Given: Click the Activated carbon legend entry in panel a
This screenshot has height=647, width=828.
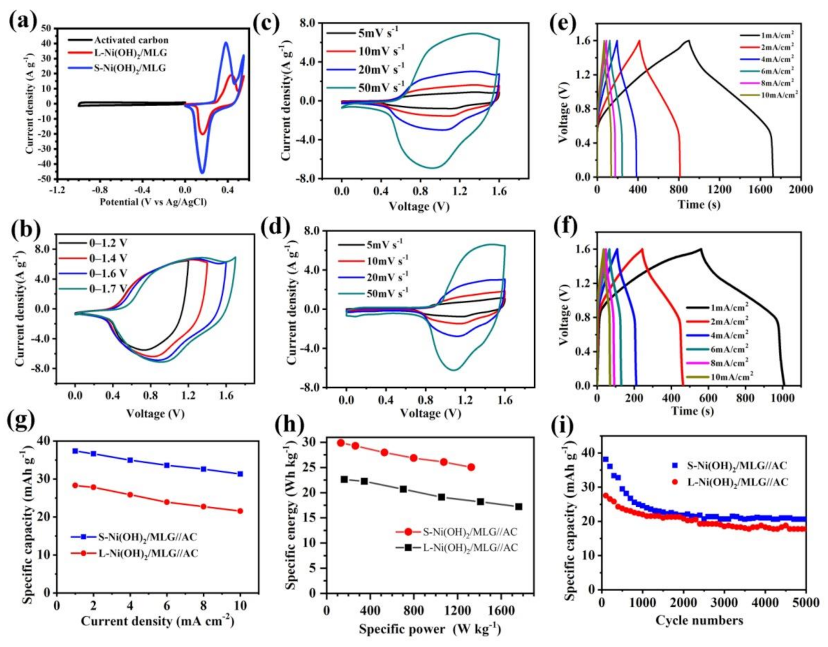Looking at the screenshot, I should click(x=131, y=40).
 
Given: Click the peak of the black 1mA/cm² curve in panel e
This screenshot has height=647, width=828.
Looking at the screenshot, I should click(x=688, y=40).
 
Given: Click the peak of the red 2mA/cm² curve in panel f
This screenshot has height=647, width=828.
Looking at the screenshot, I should click(x=642, y=249).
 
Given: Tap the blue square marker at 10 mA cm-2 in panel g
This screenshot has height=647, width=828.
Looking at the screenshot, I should click(x=240, y=474).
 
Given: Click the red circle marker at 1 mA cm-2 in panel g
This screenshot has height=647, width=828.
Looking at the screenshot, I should click(x=75, y=485).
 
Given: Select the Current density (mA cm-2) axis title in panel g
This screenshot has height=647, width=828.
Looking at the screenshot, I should click(x=157, y=621).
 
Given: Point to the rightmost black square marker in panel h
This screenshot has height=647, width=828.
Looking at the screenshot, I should click(x=519, y=506).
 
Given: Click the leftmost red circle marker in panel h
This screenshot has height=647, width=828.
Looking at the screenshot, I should click(x=340, y=442).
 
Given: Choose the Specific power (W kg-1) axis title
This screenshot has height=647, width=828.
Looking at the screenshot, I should click(x=429, y=629).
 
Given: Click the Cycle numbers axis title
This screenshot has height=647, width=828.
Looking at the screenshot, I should click(x=699, y=621).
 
